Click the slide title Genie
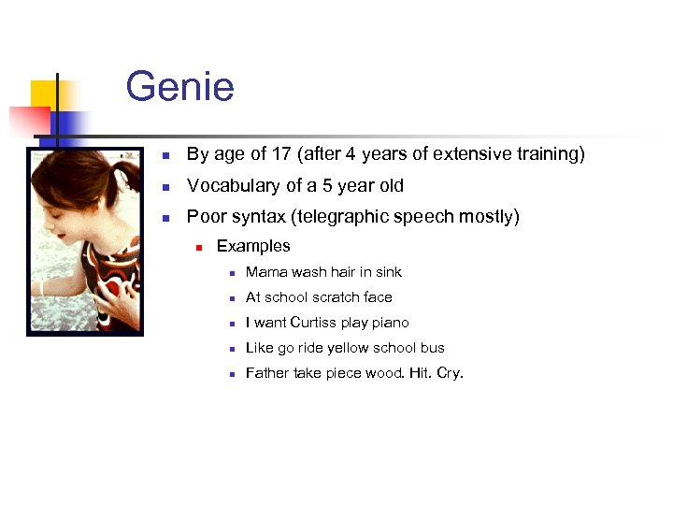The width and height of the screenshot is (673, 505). click(x=179, y=87)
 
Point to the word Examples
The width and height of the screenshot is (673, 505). click(x=253, y=247)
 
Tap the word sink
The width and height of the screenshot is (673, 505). click(x=388, y=272)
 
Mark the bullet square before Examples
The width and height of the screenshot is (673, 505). click(x=199, y=248)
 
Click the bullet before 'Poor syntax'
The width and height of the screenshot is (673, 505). click(x=165, y=218)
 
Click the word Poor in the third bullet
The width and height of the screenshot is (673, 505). click(x=206, y=217)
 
